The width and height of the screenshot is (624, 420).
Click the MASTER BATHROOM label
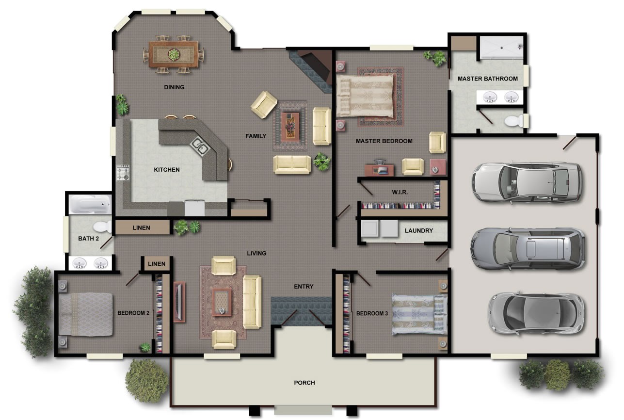[487, 79]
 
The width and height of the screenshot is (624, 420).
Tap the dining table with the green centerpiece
[173, 54]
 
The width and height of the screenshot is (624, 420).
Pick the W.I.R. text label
[400, 192]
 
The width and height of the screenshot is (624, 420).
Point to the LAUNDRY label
[418, 230]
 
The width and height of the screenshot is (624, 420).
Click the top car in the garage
[527, 181]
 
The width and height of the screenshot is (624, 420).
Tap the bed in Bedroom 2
[86, 314]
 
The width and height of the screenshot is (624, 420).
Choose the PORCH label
[304, 383]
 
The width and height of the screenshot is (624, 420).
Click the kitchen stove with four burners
[123, 173]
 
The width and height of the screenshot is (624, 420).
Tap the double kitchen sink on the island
[200, 144]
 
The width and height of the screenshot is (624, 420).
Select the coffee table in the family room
[290, 125]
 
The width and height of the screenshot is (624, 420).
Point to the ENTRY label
[304, 287]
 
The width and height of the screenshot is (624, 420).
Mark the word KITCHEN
[167, 170]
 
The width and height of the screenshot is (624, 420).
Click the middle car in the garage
[528, 248]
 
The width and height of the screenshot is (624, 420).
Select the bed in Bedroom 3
[418, 314]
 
